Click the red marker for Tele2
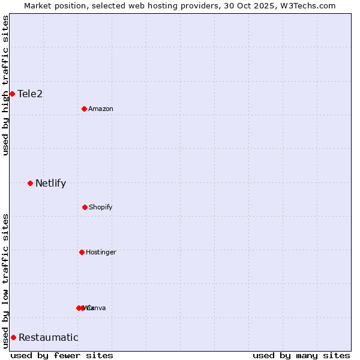click(x=12, y=94)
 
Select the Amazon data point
click(x=85, y=109)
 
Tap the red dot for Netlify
click(x=30, y=183)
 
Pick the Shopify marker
click(x=85, y=207)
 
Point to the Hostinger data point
click(x=82, y=252)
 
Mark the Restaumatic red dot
click(x=13, y=337)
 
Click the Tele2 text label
click(x=30, y=94)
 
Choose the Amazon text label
click(x=101, y=109)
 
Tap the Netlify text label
click(x=50, y=183)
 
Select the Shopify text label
click(x=101, y=208)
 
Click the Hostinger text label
click(x=101, y=253)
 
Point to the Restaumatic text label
click(x=48, y=337)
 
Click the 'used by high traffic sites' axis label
click(x=5, y=85)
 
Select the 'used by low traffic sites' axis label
click(x=5, y=281)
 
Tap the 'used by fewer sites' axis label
click(x=62, y=355)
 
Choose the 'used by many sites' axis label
click(x=301, y=355)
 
